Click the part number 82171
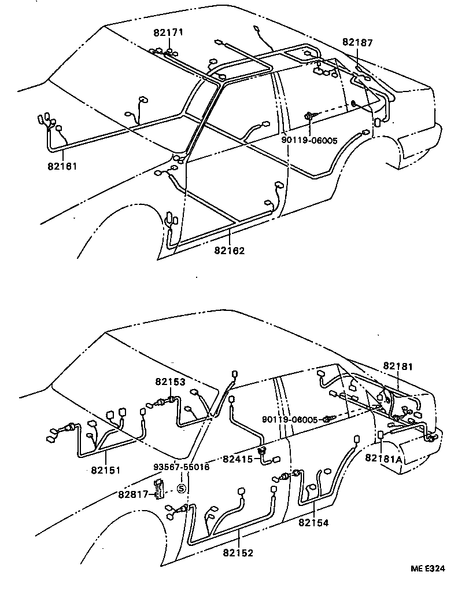click(x=168, y=32)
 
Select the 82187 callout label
click(x=357, y=42)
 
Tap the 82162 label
click(x=229, y=251)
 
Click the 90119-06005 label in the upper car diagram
click(x=309, y=140)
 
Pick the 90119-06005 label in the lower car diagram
click(x=290, y=420)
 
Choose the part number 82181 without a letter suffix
click(x=398, y=366)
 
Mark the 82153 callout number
click(x=170, y=382)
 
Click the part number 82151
click(x=105, y=470)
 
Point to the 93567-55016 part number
click(x=181, y=467)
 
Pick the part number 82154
click(x=313, y=523)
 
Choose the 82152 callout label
click(x=238, y=553)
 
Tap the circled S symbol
click(x=180, y=489)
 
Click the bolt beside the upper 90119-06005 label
click(x=312, y=116)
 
